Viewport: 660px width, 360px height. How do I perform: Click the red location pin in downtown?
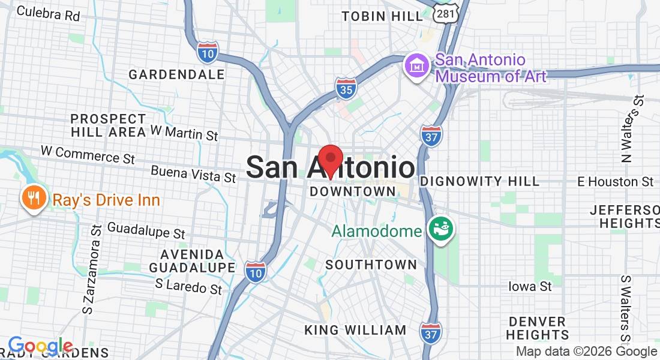(330, 160)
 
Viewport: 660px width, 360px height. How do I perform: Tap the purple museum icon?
(416, 66)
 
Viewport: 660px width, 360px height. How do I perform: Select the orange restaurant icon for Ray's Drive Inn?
(34, 198)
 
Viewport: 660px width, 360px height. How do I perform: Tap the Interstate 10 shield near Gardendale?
(208, 52)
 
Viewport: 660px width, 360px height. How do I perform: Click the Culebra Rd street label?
(49, 13)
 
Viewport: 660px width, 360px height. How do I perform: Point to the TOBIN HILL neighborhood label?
(382, 17)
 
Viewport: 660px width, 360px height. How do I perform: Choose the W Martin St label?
(184, 132)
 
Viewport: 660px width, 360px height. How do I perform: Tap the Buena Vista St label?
(193, 174)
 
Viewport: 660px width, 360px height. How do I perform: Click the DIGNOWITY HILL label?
(479, 181)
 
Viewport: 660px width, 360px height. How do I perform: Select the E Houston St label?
(615, 181)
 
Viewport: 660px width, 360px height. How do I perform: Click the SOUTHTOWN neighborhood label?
(371, 265)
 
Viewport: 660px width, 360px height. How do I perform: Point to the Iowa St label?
(530, 286)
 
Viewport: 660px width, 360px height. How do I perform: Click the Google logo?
(40, 346)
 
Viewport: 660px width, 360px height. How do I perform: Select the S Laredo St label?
(188, 286)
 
